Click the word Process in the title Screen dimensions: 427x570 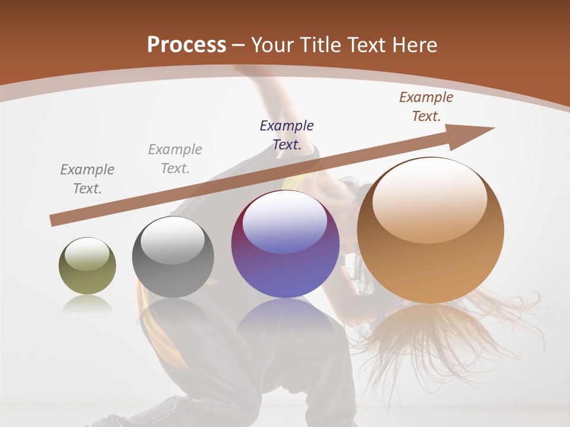(x=186, y=45)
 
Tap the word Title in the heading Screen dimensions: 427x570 (x=319, y=45)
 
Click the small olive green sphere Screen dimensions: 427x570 (x=87, y=266)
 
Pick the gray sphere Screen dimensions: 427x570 (x=173, y=257)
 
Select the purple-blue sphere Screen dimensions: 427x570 (x=285, y=244)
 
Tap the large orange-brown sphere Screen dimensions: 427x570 (x=430, y=230)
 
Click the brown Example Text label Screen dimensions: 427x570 (x=426, y=107)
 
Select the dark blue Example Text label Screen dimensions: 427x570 (x=287, y=135)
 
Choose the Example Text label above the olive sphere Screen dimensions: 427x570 (x=87, y=179)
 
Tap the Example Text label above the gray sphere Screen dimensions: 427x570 (x=175, y=158)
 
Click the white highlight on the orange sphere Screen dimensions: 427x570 (x=429, y=199)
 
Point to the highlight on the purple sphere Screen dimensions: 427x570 (x=284, y=221)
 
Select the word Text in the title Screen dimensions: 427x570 (x=369, y=45)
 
